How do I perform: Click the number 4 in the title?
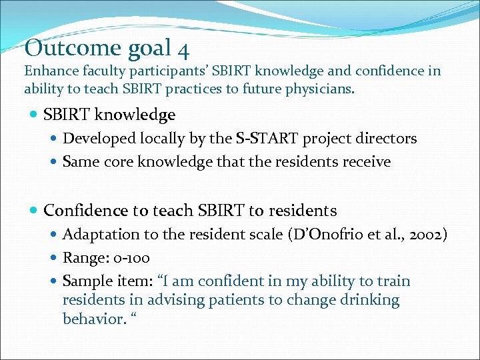(x=182, y=48)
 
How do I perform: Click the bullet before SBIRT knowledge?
(x=34, y=115)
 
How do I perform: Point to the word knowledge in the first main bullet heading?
(x=135, y=115)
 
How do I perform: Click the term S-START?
(x=267, y=139)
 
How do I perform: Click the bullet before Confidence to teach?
(x=34, y=211)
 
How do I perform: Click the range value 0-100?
(x=131, y=258)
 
